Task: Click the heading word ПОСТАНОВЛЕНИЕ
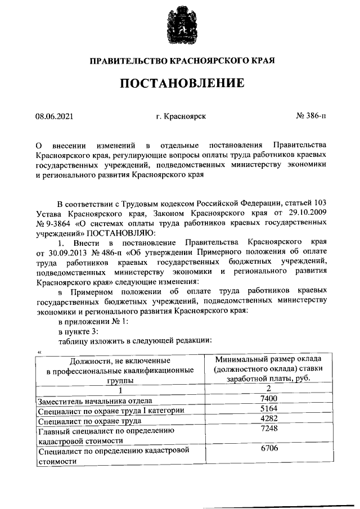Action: (x=180, y=83)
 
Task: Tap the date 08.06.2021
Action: (x=54, y=116)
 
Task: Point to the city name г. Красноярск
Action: (x=181, y=116)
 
